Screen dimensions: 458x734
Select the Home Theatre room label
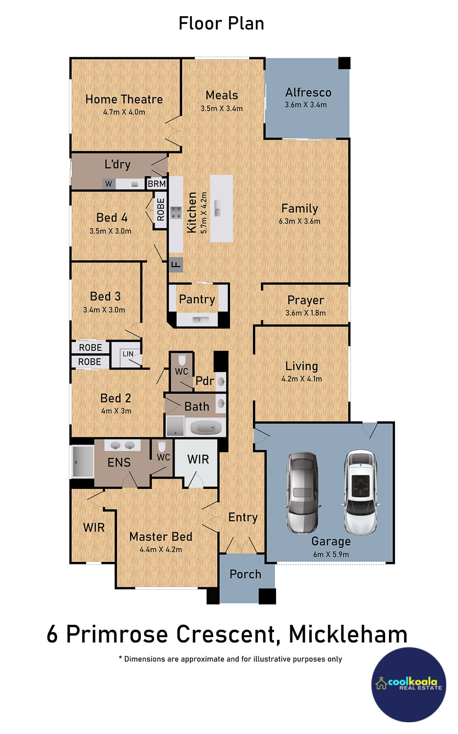tap(124, 99)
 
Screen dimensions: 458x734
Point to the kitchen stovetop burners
tap(176, 213)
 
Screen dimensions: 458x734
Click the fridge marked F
tap(176, 265)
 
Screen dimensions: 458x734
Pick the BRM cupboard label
tap(157, 183)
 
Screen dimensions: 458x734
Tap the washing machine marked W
tap(109, 184)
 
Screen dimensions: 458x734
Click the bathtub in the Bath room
tap(206, 427)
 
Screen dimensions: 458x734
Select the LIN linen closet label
tap(128, 354)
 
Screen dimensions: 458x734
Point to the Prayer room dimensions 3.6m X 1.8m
tap(306, 313)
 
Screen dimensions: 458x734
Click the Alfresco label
tap(308, 92)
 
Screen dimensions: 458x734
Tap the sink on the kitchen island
tap(218, 208)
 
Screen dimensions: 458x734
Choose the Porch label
tap(245, 574)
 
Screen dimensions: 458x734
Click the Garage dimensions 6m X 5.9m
tap(331, 554)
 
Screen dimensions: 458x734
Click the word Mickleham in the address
tap(348, 634)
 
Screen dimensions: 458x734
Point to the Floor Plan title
tap(221, 23)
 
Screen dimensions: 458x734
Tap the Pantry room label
tap(197, 299)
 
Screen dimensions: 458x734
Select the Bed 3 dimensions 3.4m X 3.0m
tap(104, 310)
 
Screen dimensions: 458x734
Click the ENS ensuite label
tap(119, 462)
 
